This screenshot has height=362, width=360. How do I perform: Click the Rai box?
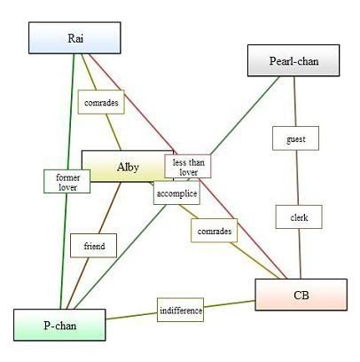point(74,38)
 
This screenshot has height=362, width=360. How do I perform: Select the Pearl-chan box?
point(293,60)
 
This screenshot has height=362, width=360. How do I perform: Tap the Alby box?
point(128,166)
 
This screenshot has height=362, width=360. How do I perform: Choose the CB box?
point(301,295)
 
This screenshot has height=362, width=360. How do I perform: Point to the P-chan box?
point(59,325)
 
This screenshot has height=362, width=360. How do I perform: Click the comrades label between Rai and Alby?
point(101,102)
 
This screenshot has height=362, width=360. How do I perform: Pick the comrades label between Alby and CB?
point(215,231)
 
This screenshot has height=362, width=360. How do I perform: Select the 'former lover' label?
point(67,182)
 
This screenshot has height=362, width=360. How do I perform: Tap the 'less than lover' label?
point(188,166)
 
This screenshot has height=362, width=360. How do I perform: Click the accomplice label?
point(176,193)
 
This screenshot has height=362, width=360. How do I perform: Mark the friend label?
point(93,246)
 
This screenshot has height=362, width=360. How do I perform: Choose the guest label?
point(295,138)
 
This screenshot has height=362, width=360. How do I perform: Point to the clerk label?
point(299,216)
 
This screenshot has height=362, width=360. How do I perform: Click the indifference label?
point(180,310)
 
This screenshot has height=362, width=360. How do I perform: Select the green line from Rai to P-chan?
point(67,181)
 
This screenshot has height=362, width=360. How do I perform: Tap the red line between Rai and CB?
point(188,166)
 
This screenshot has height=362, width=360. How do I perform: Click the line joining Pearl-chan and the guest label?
point(294,101)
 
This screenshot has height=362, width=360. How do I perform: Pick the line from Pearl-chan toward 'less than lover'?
point(245,115)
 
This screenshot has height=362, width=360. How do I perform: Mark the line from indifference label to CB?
point(230,304)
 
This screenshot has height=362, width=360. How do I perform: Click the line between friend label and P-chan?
point(77,283)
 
